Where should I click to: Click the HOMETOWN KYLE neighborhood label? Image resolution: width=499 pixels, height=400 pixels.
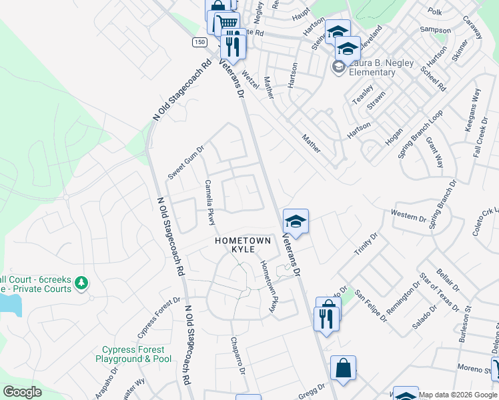242,245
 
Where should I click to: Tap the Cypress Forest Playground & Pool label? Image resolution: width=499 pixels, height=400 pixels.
137,354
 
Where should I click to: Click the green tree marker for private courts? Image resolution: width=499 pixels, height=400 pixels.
81,283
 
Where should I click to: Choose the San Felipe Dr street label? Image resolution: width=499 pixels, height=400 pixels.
371,305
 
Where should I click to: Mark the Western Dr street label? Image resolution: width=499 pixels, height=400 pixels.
408,217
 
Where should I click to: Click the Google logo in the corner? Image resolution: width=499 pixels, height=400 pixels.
22,392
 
